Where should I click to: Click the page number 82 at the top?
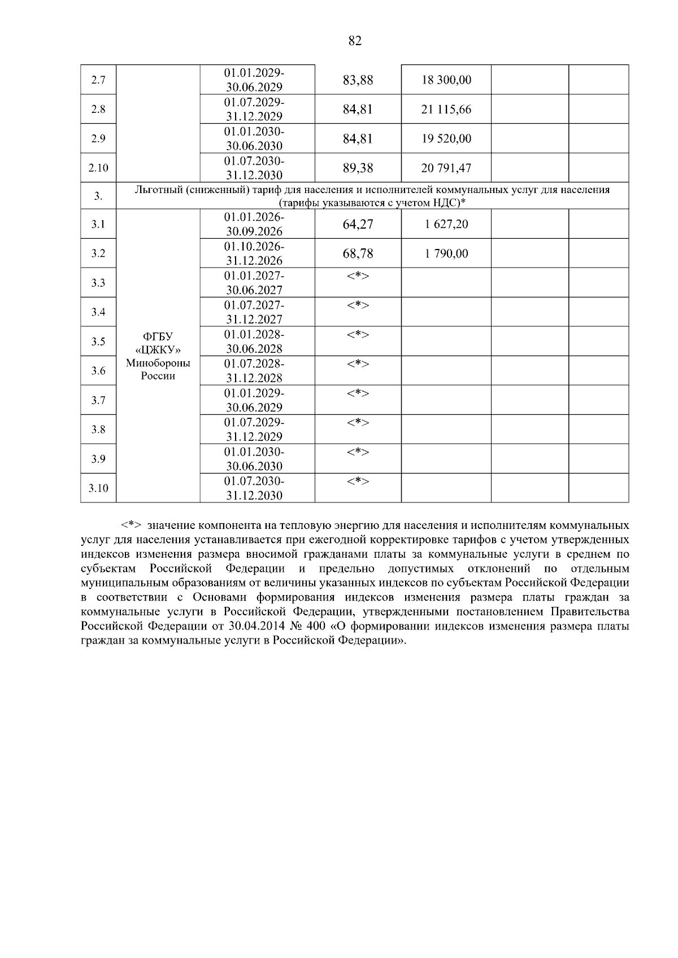355,41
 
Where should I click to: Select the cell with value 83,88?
358,80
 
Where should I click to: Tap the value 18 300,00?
446,80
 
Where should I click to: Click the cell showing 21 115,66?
446,110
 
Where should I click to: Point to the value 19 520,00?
446,139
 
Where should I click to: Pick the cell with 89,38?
358,168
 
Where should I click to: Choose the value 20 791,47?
446,168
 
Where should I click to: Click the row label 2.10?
98,168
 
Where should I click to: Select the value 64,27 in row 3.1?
358,224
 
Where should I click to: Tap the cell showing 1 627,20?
446,224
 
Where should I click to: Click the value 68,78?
358,253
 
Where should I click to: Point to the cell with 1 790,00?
446,253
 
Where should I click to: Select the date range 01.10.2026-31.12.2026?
254,253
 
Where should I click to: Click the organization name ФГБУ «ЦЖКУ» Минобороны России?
158,356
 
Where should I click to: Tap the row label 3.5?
98,342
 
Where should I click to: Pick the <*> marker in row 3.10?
358,481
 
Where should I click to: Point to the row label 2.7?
98,80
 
